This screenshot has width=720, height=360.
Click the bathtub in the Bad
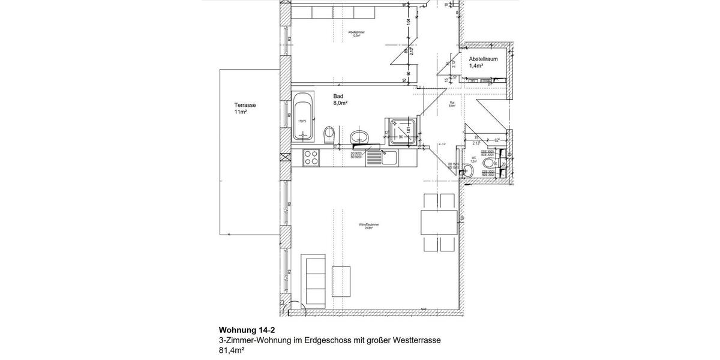[302, 117]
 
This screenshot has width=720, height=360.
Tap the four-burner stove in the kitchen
[311, 157]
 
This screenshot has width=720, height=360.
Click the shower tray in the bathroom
[401, 131]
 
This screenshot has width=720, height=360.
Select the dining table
[439, 223]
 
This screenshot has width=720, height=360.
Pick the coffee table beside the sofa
[342, 284]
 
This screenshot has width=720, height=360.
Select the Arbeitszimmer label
[356, 33]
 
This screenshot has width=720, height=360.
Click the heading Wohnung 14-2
[247, 330]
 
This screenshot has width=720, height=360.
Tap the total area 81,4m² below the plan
[232, 350]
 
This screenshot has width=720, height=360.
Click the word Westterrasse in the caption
[416, 340]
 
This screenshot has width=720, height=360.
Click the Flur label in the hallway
[452, 103]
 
